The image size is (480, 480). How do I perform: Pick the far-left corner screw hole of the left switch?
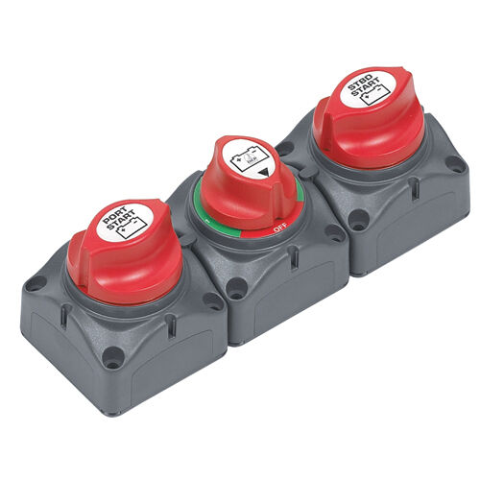[x=36, y=283]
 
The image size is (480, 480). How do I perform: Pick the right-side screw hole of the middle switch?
[x=335, y=231]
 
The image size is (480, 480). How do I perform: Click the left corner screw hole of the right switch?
[x=285, y=150]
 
